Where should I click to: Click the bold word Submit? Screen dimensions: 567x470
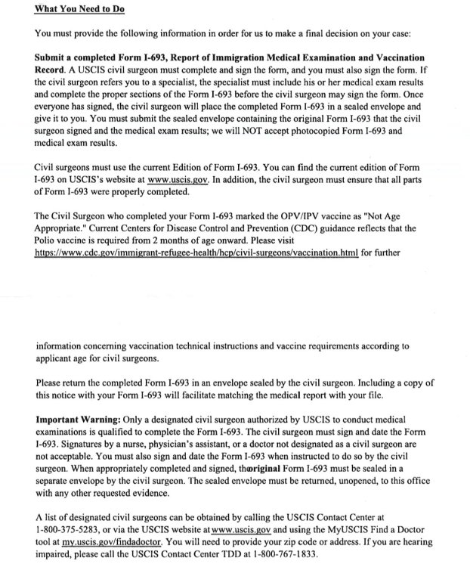(x=54, y=57)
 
